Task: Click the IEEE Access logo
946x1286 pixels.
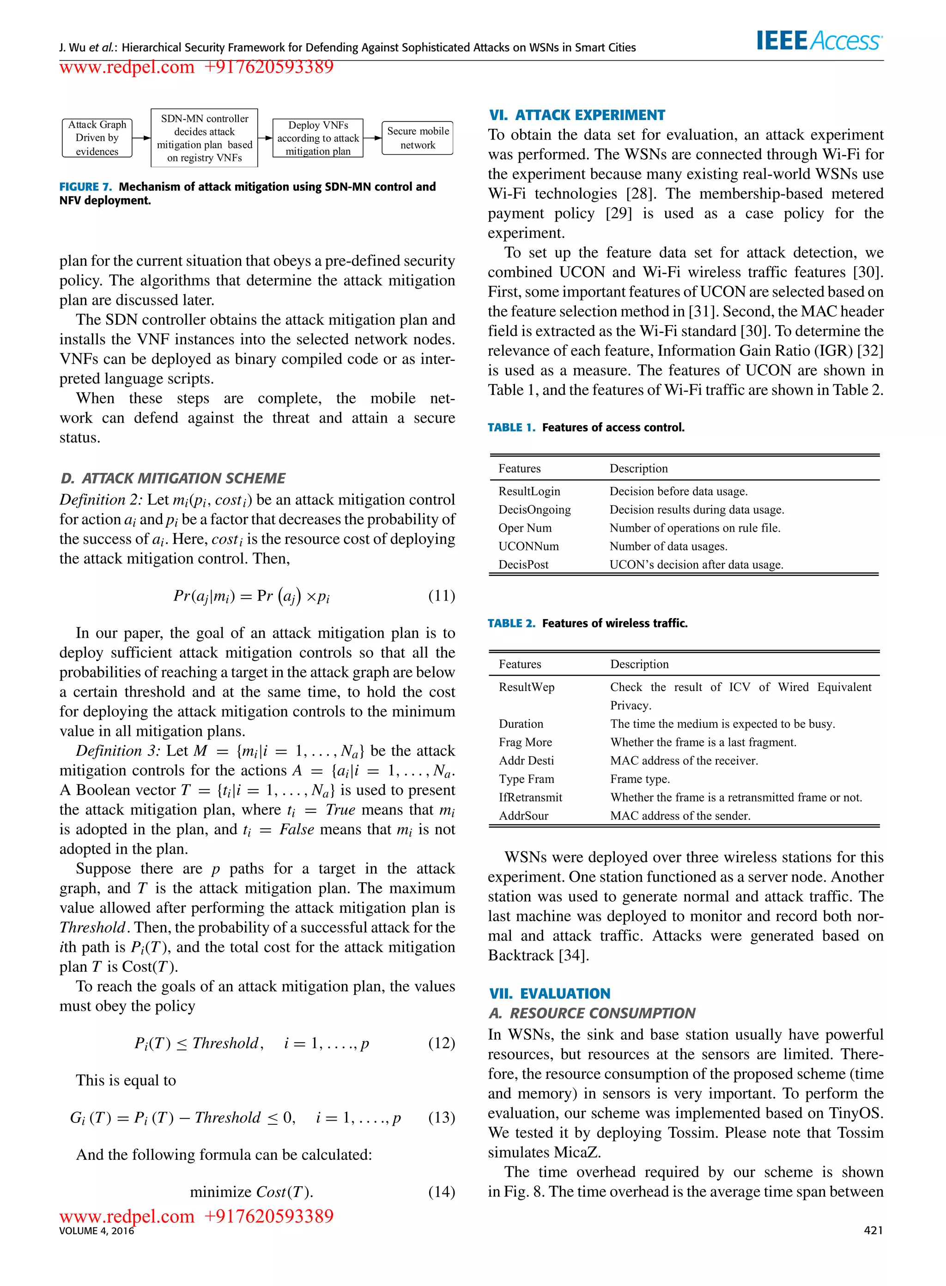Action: tap(819, 40)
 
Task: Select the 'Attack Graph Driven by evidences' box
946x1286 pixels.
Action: tap(97, 138)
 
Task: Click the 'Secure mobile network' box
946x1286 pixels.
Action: tap(418, 138)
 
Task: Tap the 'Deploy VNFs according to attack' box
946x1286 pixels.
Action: tap(318, 138)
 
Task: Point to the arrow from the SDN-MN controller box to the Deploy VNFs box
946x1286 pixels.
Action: tap(265, 138)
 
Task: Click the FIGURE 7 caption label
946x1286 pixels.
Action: tap(85, 187)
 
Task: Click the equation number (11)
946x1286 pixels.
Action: tap(442, 595)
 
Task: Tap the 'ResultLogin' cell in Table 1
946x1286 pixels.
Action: tap(529, 491)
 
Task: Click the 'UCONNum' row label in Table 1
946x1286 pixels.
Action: tap(528, 546)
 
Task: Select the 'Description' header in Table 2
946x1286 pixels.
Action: tap(639, 664)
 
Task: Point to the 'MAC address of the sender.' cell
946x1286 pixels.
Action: tap(680, 815)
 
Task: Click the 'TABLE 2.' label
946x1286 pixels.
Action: tap(511, 623)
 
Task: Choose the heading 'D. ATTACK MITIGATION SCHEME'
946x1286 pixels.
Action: tap(172, 478)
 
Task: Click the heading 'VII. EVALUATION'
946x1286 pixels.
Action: tap(549, 994)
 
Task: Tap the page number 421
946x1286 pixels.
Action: tap(873, 1231)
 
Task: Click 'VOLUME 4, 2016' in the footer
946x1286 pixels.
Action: tap(96, 1231)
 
